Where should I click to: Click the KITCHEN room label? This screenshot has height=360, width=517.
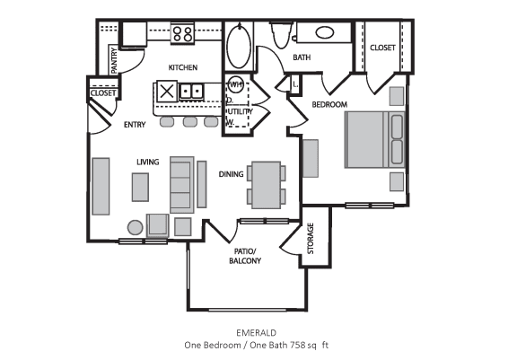coord(183,68)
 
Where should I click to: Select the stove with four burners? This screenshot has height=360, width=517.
coord(183,34)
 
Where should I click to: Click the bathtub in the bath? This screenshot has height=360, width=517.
coord(239,44)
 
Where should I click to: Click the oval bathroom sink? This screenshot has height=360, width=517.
coord(324,33)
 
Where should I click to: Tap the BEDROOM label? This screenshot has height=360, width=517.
coord(329,105)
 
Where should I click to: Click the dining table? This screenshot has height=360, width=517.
coord(266,183)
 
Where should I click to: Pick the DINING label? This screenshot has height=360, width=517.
coord(231,174)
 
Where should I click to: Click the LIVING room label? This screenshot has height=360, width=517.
coord(147,162)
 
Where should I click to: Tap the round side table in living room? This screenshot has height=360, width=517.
coord(135,226)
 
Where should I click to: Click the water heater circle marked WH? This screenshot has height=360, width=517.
coord(236,85)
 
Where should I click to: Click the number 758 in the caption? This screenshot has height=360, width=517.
coord(285,345)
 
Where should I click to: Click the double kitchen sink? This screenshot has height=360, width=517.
coord(191,91)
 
